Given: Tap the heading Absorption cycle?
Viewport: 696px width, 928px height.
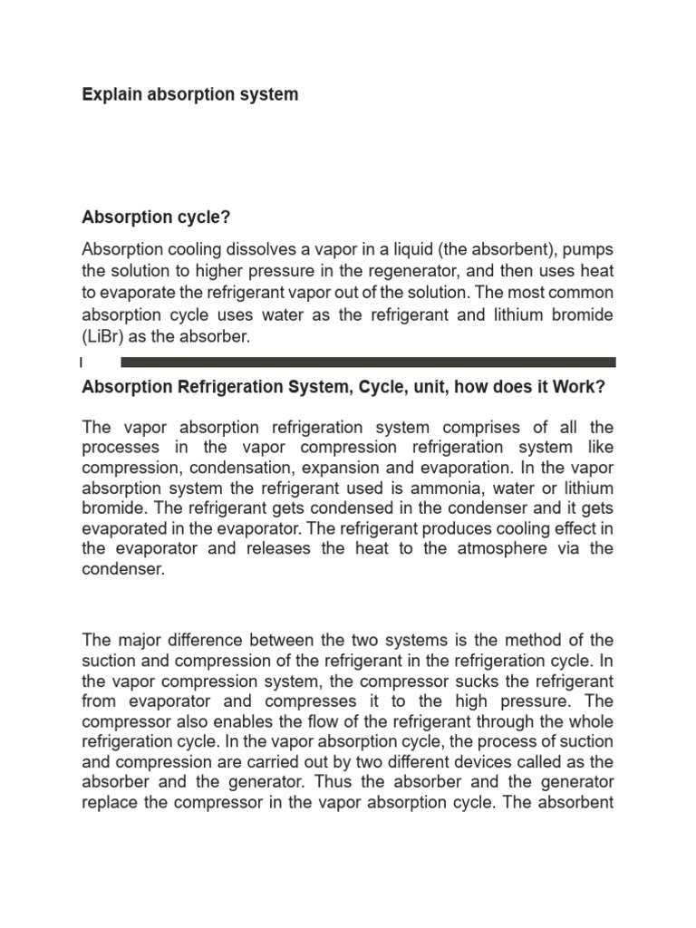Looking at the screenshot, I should point(152,217).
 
